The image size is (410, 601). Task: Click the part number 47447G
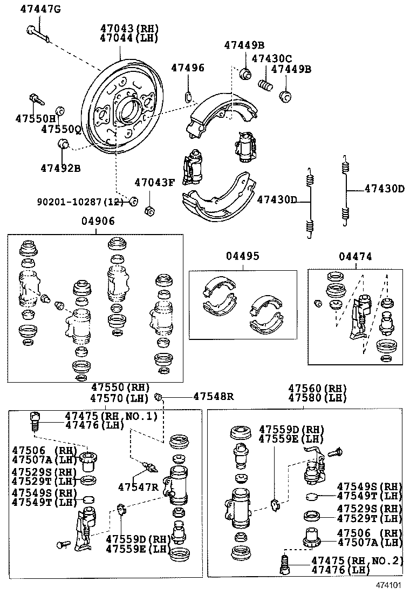click(x=40, y=9)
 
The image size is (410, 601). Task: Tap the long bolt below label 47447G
click(x=37, y=32)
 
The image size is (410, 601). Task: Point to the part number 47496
click(x=188, y=68)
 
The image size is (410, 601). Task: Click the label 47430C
click(x=272, y=58)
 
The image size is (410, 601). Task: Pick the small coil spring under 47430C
click(x=264, y=85)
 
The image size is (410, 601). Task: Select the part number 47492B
click(x=60, y=168)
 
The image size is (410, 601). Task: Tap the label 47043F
click(x=154, y=182)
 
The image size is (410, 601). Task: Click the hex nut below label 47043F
click(x=151, y=210)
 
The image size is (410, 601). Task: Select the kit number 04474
click(x=355, y=256)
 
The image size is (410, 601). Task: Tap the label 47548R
click(x=213, y=397)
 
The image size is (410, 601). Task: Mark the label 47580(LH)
click(x=317, y=398)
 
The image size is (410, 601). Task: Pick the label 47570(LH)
click(x=120, y=398)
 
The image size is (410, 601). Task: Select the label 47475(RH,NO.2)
click(x=357, y=560)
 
